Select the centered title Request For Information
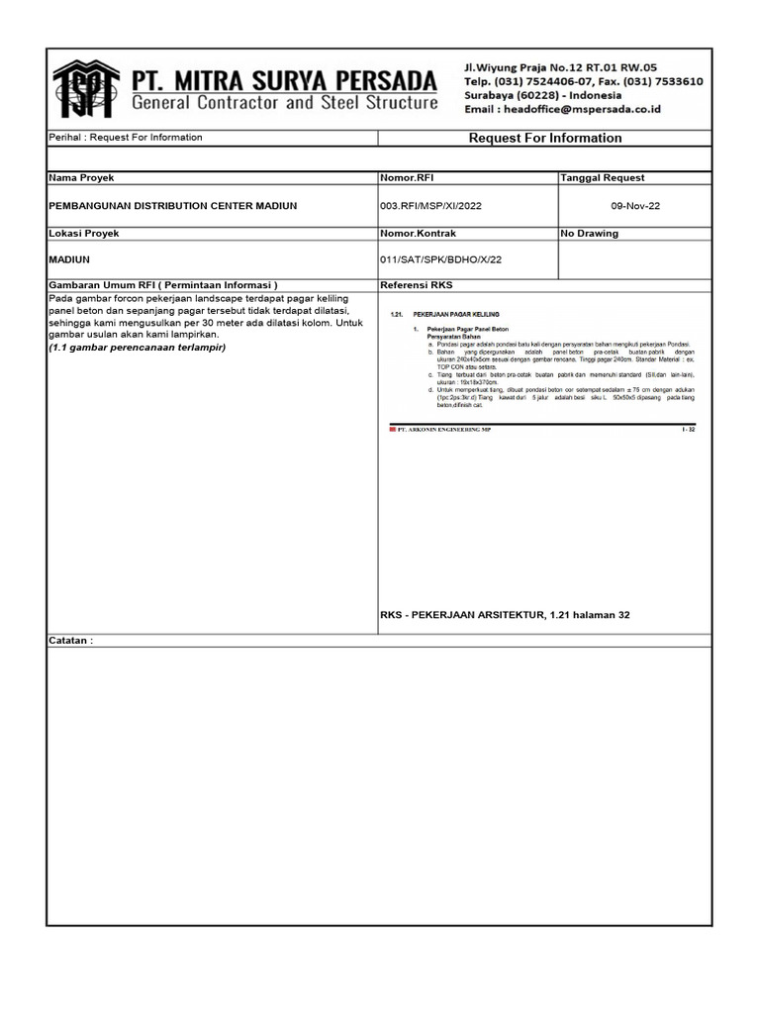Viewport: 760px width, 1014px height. pos(544,139)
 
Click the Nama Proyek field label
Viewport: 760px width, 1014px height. pos(82,178)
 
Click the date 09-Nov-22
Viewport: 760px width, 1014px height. pos(634,206)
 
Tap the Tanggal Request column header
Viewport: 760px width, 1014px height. pos(603,178)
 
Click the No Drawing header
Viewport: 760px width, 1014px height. pos(590,234)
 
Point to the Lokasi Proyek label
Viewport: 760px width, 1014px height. pos(84,234)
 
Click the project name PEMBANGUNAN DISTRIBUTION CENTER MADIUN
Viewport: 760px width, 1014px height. pos(172,206)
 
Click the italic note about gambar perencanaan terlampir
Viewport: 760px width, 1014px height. pos(137,348)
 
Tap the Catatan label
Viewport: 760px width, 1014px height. pos(70,641)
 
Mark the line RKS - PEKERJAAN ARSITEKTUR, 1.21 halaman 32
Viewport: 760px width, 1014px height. pos(505,615)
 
